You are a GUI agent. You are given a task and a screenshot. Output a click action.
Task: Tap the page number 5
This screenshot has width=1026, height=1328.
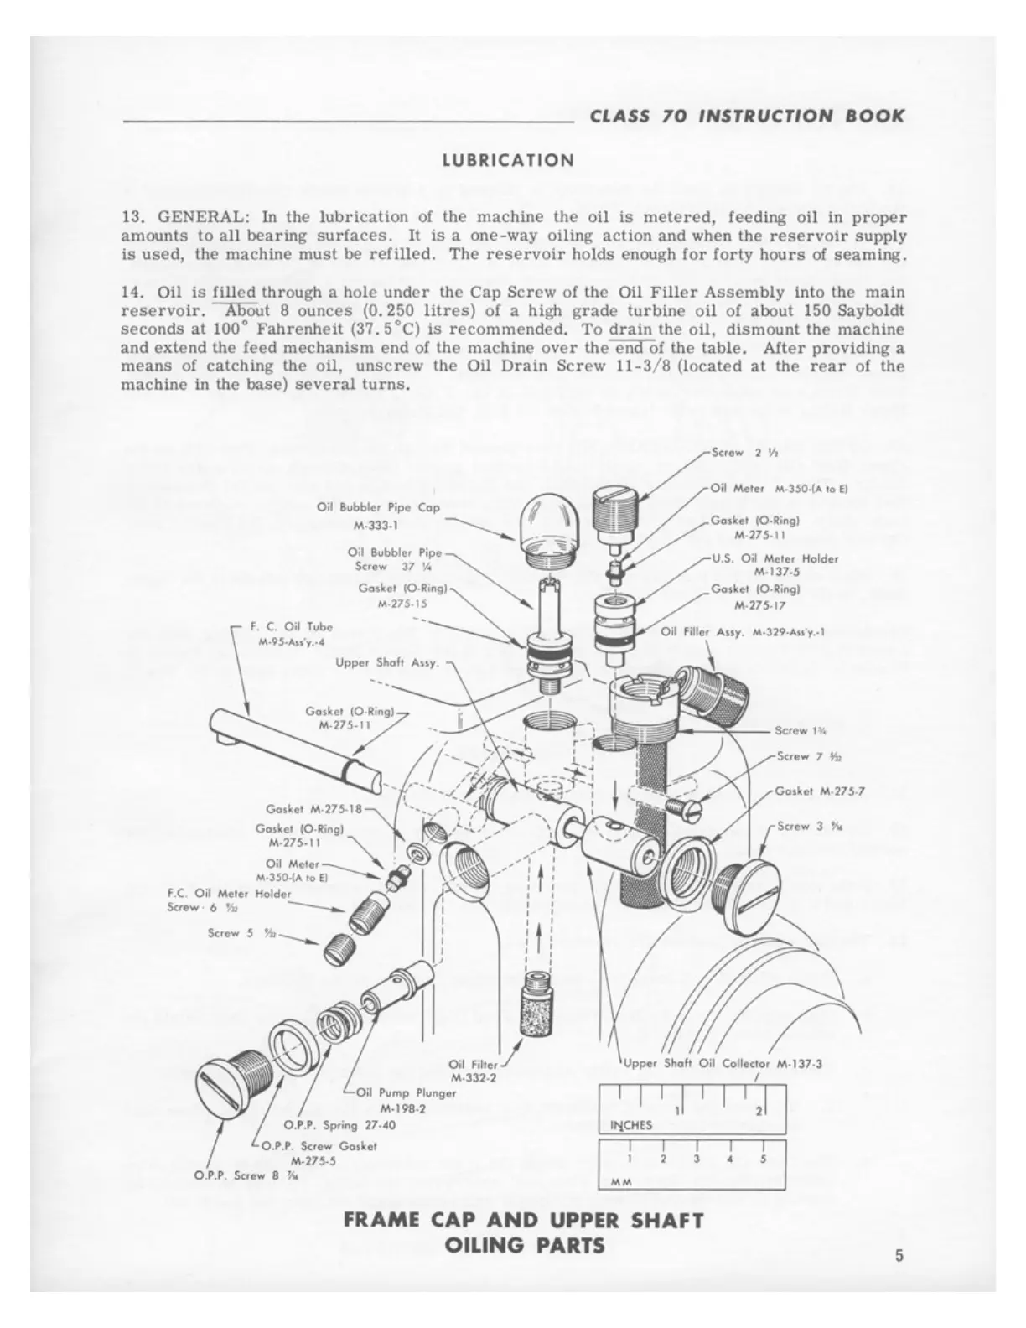point(899,1255)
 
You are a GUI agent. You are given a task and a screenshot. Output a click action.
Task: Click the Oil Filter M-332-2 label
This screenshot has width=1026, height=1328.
point(474,1071)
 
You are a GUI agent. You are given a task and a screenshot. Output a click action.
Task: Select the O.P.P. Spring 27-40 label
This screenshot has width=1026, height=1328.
point(339,1125)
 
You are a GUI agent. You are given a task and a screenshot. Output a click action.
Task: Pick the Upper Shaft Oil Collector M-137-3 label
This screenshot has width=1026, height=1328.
point(721,1064)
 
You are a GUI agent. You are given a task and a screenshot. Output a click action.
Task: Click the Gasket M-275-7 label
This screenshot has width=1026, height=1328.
point(814,791)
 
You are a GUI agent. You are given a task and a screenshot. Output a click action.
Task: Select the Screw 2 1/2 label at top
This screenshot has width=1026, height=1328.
point(734,453)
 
